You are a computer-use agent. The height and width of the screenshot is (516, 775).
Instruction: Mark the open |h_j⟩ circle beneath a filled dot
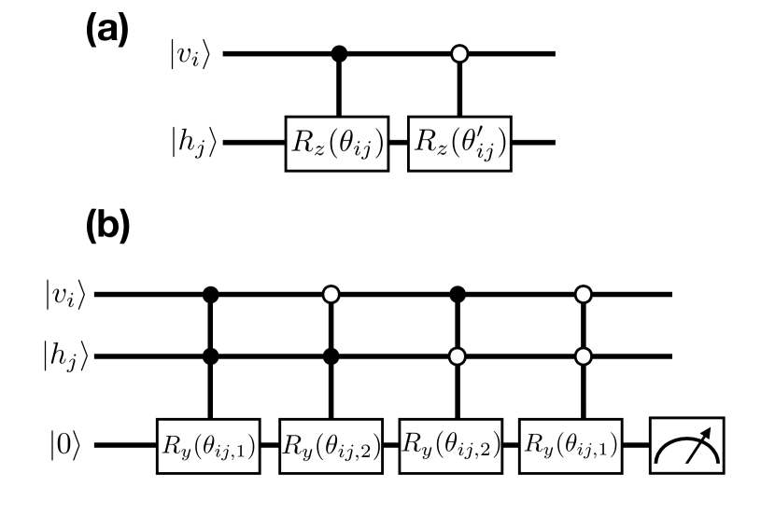(457, 356)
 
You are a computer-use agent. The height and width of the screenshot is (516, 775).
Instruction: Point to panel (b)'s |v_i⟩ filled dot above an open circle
(457, 295)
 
